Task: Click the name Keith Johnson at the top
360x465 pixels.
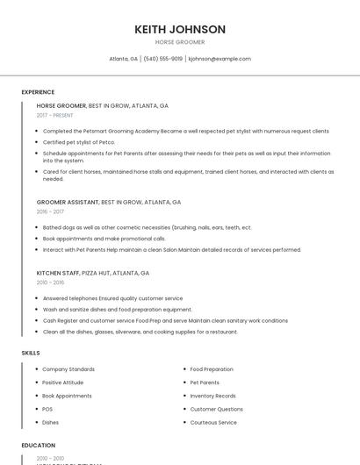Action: [x=180, y=29]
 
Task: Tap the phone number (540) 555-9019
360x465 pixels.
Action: [x=162, y=59]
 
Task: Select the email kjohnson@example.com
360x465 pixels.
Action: [x=220, y=59]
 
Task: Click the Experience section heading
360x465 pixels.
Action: [x=38, y=92]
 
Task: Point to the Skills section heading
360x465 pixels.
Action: [x=31, y=353]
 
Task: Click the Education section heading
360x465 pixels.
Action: [x=39, y=445]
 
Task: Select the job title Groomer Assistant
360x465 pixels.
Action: [x=68, y=202]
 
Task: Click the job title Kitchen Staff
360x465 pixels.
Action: [x=57, y=273]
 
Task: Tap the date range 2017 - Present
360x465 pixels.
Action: [x=54, y=115]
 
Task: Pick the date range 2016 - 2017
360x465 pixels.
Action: [x=50, y=211]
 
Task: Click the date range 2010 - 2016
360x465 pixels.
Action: [x=50, y=283]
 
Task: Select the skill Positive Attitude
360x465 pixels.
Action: [x=63, y=383]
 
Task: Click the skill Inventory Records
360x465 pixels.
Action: [x=212, y=396]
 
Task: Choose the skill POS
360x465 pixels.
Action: [x=47, y=409]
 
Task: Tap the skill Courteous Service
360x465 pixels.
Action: [x=213, y=422]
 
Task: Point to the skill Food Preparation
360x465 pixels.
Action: [x=212, y=369]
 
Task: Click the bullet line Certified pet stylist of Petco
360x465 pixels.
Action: [x=79, y=141]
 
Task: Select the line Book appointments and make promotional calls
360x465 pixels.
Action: [x=104, y=239]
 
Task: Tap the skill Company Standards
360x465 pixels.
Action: [x=68, y=369]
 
